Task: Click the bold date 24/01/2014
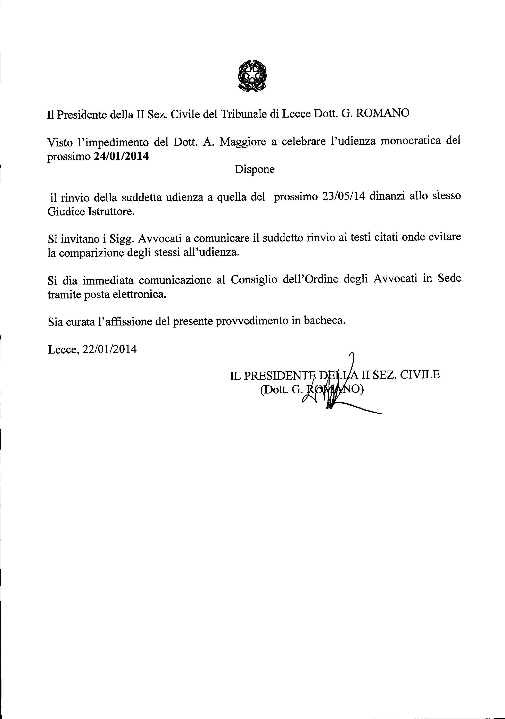pyautogui.click(x=121, y=156)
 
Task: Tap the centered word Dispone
pyautogui.click(x=254, y=169)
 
